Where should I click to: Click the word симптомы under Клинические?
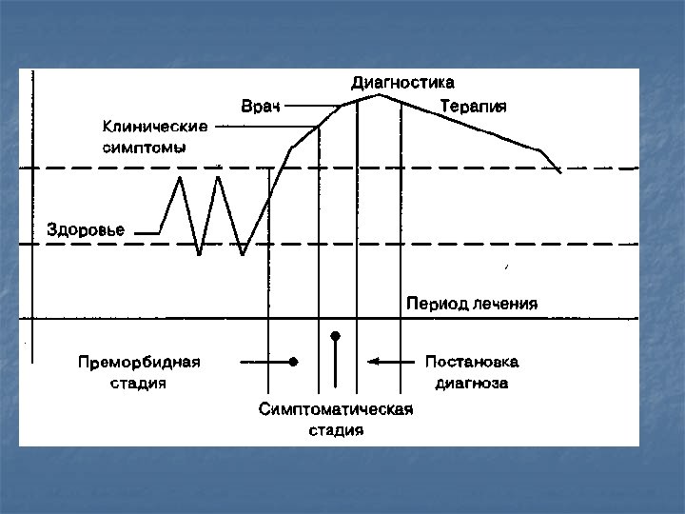(x=144, y=148)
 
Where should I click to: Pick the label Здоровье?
(x=87, y=230)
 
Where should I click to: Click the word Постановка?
(x=472, y=363)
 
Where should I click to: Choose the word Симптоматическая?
(x=336, y=409)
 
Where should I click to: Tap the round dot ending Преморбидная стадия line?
(x=294, y=362)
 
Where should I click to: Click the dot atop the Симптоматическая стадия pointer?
(x=335, y=336)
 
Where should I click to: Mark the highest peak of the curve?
(x=380, y=94)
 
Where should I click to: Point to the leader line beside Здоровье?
(x=147, y=232)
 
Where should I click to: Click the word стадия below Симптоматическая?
(x=336, y=430)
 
